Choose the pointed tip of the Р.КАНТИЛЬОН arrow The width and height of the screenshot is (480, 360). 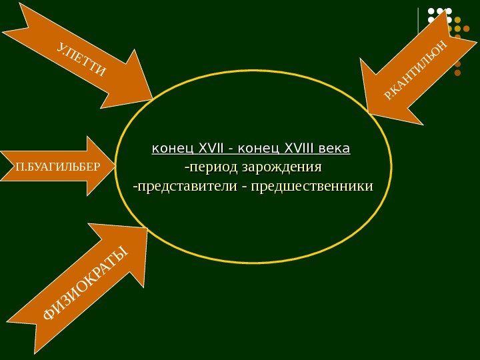pos(369,109)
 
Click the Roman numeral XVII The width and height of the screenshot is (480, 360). pos(213,147)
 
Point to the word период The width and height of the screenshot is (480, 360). pos(213,165)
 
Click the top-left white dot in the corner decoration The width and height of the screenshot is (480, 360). pos(431,11)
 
